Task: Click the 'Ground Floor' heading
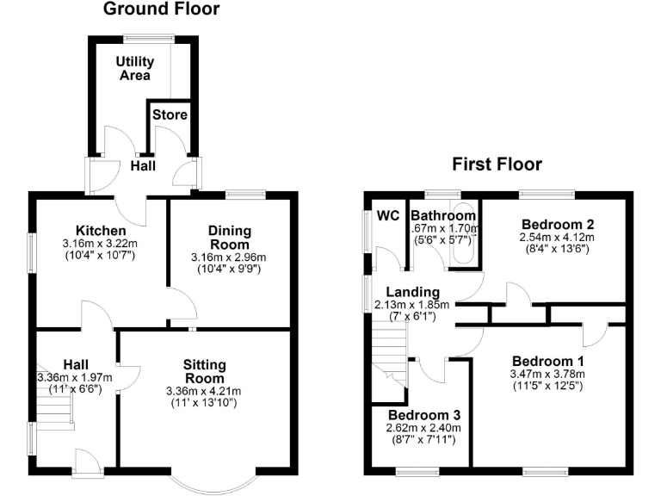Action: click(x=162, y=10)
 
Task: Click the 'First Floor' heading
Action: click(x=498, y=164)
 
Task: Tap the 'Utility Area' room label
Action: click(x=135, y=68)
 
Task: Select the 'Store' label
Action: click(x=170, y=115)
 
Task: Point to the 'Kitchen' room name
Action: click(x=102, y=231)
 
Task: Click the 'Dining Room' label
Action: click(x=229, y=237)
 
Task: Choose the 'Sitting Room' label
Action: click(x=204, y=371)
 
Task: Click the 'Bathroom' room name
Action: click(x=443, y=215)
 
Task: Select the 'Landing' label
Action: click(x=412, y=293)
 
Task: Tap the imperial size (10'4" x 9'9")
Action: click(x=229, y=270)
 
